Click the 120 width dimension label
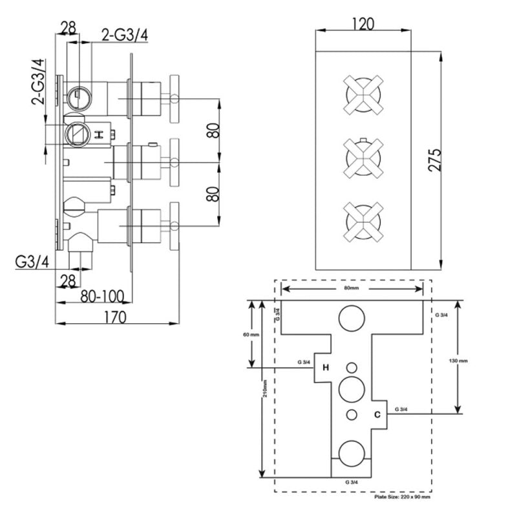(363, 24)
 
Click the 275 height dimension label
(434, 160)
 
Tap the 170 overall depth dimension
(116, 317)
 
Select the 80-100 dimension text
(102, 296)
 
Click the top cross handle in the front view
(363, 95)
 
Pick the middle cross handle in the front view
(363, 158)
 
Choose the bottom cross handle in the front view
(363, 222)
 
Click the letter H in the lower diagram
(326, 367)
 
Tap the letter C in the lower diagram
(377, 414)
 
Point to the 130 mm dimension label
(458, 361)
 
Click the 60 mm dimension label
(251, 335)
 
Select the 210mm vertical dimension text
(266, 388)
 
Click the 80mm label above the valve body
(352, 288)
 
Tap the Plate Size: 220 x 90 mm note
(402, 496)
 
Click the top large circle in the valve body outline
(352, 318)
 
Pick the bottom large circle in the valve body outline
(352, 454)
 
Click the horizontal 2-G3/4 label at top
(125, 35)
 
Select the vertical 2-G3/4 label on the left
(38, 82)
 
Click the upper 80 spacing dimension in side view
(213, 131)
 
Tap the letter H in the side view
(99, 134)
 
